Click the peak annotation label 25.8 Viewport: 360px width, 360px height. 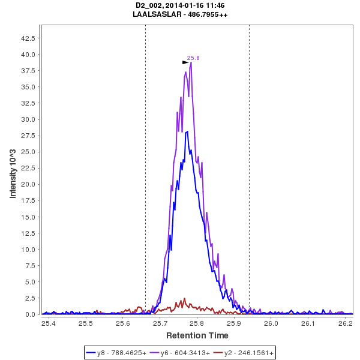193,58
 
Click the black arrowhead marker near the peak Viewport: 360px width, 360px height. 185,62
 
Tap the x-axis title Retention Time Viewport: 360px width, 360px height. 197,335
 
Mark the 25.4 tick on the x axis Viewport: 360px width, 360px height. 49,323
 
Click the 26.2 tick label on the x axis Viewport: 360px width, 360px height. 345,323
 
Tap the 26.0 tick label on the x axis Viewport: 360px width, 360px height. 271,323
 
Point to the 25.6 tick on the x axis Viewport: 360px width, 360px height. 123,323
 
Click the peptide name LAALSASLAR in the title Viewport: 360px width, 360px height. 157,14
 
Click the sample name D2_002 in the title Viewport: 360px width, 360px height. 149,5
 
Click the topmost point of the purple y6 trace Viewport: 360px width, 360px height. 191,62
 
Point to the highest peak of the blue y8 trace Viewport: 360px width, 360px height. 188,131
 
